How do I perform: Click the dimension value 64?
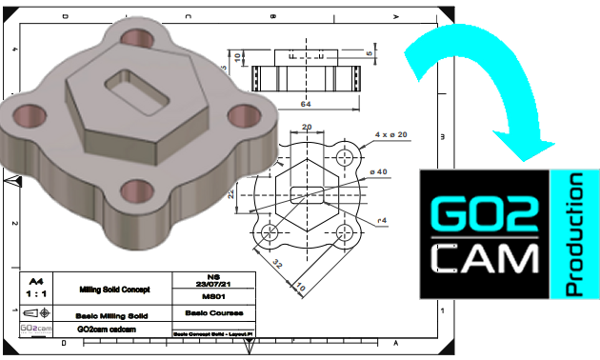[306, 103]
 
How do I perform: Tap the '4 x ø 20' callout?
[390, 134]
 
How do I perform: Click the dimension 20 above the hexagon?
[306, 127]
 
